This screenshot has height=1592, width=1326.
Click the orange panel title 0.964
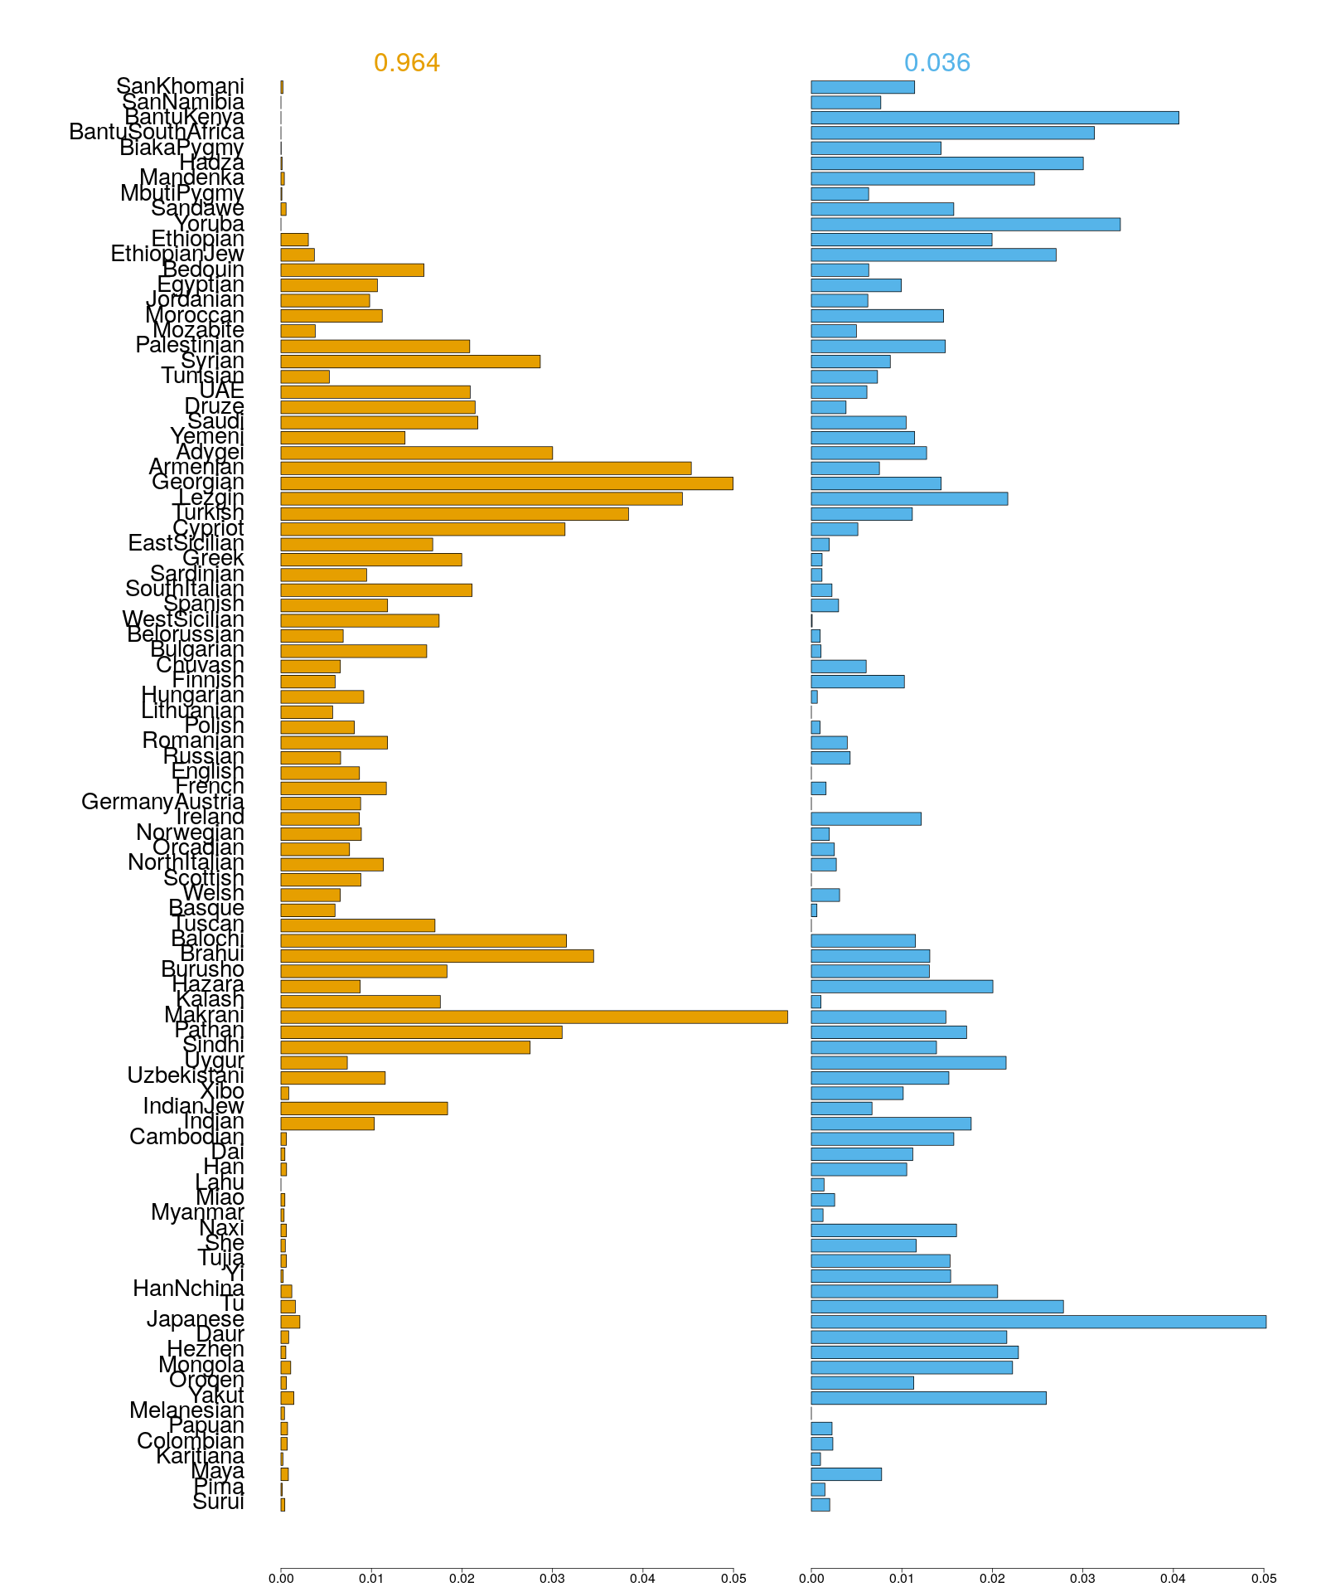pyautogui.click(x=406, y=62)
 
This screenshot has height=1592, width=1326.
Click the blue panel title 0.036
pyautogui.click(x=936, y=62)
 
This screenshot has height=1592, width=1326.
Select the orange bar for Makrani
pyautogui.click(x=534, y=1017)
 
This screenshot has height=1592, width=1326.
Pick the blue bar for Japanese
pyautogui.click(x=1038, y=1322)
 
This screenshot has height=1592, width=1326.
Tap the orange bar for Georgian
pyautogui.click(x=506, y=483)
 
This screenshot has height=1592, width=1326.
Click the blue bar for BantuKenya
pyautogui.click(x=994, y=118)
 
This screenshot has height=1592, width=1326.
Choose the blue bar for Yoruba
pyautogui.click(x=965, y=224)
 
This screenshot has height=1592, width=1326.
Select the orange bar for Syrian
pyautogui.click(x=410, y=362)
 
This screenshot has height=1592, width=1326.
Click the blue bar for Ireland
pyautogui.click(x=866, y=818)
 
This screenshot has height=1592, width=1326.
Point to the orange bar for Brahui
pyautogui.click(x=437, y=956)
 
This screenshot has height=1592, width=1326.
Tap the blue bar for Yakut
pyautogui.click(x=928, y=1398)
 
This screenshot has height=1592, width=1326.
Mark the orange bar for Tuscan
pyautogui.click(x=357, y=925)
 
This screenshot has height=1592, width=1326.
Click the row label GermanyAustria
pyautogui.click(x=162, y=802)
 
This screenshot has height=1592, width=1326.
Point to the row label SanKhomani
pyautogui.click(x=180, y=86)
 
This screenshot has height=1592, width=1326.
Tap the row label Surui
pyautogui.click(x=218, y=1502)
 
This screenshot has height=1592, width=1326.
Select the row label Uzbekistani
pyautogui.click(x=186, y=1075)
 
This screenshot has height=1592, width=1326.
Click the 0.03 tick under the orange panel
pyautogui.click(x=552, y=1579)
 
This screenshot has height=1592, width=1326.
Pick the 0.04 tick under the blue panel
pyautogui.click(x=1173, y=1579)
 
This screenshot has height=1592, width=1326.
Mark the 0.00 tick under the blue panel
pyautogui.click(x=811, y=1579)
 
